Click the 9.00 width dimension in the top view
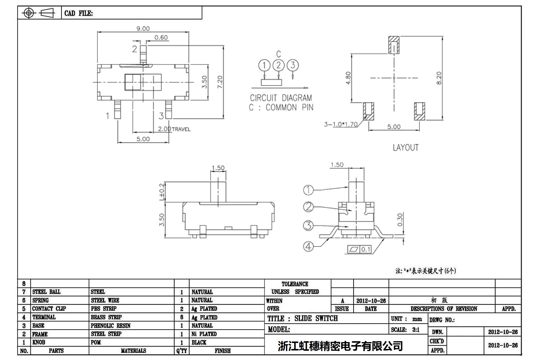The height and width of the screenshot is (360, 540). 143,29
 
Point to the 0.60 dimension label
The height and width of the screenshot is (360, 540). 161,38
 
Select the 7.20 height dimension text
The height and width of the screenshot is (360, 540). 220,82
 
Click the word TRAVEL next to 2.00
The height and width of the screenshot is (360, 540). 181,129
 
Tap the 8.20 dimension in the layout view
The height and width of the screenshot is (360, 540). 439,78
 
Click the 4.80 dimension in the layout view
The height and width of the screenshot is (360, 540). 348,78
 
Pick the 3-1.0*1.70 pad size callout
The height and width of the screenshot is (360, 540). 341,124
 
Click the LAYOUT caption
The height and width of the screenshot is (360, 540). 406,148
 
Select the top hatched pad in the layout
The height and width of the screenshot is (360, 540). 394,45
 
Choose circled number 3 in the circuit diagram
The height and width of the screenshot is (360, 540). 293,65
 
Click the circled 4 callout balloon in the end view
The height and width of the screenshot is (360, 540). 308,246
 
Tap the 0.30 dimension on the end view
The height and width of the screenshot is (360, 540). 400,220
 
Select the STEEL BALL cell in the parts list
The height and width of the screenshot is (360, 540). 47,292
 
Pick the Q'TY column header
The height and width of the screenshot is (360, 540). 182,351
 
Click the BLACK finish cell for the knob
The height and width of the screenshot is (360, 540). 199,342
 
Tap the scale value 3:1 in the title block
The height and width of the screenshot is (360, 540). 416,330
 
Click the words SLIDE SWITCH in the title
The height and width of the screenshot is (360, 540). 316,319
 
